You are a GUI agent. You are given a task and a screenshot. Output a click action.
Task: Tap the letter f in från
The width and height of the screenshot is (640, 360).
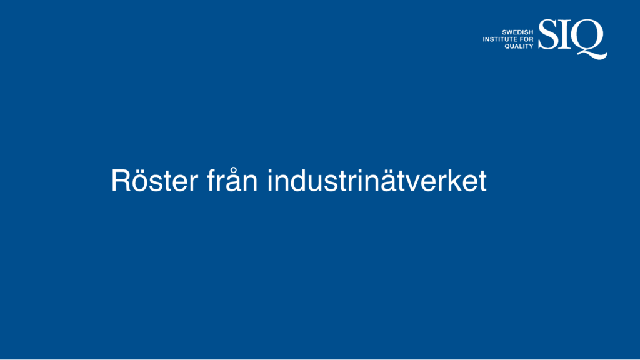[x=211, y=179]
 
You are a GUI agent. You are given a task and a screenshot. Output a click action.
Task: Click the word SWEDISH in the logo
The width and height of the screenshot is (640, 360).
[x=517, y=32]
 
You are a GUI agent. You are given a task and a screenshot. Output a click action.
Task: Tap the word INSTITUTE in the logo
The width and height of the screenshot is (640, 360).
[x=501, y=39]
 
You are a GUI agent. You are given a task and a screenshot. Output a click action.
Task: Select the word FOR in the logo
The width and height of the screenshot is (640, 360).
[x=527, y=39]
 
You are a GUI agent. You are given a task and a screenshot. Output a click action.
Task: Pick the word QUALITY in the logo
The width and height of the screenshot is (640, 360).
[x=519, y=46]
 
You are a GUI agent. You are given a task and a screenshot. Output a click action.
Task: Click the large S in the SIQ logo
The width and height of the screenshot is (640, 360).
[x=548, y=34]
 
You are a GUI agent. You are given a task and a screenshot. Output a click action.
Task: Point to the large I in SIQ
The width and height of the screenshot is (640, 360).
[x=565, y=34]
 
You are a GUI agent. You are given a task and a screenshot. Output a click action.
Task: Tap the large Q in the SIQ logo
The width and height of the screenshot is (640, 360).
[x=588, y=37]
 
